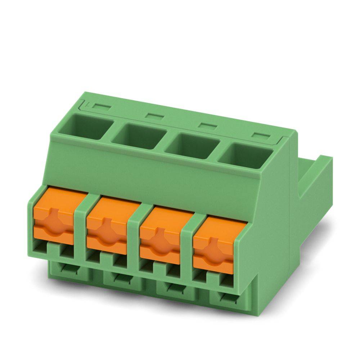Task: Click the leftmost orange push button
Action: tap(54, 220)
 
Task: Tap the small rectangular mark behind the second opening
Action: tap(154, 116)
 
